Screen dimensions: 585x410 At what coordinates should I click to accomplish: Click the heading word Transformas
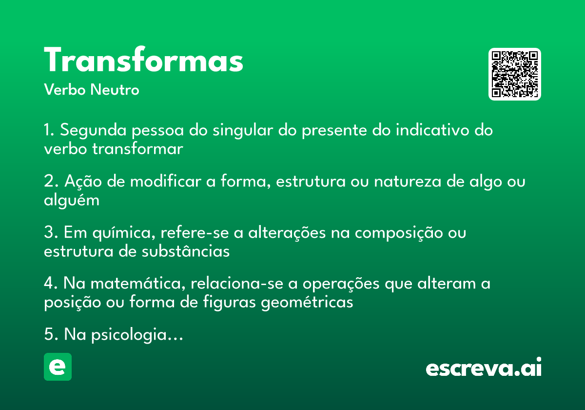click(x=143, y=59)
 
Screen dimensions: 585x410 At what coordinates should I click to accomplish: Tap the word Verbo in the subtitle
click(x=65, y=89)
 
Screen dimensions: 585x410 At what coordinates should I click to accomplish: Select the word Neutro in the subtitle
click(x=115, y=89)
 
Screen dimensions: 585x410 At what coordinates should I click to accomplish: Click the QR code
click(x=514, y=74)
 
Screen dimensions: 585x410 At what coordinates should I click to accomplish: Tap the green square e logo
click(x=58, y=367)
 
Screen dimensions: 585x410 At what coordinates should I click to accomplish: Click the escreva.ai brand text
click(x=484, y=367)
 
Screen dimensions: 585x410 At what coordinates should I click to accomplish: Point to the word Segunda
click(x=93, y=130)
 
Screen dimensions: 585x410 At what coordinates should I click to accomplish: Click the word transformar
click(x=137, y=149)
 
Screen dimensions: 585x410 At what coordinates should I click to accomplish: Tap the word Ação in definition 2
click(x=83, y=182)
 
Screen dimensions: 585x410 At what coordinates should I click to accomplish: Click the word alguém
click(x=72, y=201)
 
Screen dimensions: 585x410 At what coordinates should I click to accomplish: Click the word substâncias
click(x=186, y=251)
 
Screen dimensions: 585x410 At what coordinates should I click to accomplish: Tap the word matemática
click(x=138, y=284)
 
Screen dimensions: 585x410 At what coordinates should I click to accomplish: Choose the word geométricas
click(x=307, y=303)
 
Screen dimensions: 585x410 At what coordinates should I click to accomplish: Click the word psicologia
click(x=129, y=335)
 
